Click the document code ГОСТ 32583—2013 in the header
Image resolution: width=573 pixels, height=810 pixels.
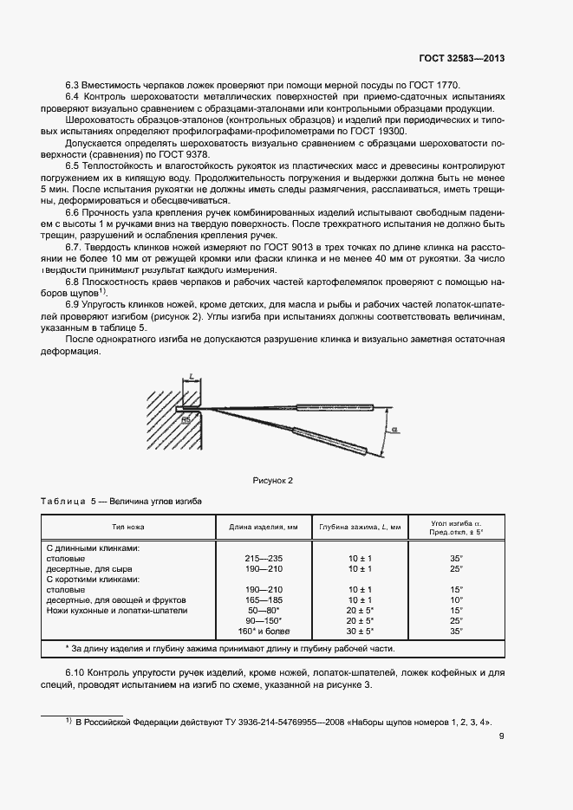pos(462,58)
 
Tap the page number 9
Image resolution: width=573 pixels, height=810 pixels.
pos(502,737)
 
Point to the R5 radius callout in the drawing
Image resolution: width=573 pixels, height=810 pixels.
pos(186,418)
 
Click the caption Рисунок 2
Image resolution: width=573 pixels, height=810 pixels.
pos(273,480)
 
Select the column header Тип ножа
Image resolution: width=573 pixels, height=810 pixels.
pos(127,527)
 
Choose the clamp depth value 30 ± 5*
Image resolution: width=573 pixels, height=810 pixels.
pos(360,631)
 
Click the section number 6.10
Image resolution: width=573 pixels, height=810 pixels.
pos(78,673)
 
